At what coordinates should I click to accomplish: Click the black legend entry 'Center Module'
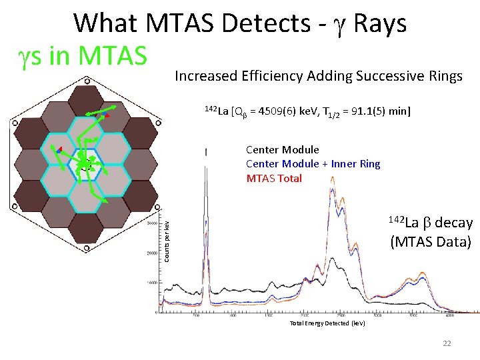tap(282, 150)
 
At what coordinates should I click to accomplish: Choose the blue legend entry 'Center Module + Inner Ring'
tap(313, 164)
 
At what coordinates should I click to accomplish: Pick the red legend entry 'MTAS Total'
tap(274, 178)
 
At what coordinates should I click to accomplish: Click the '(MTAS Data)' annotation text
tap(431, 241)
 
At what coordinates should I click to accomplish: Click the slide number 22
tap(447, 343)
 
